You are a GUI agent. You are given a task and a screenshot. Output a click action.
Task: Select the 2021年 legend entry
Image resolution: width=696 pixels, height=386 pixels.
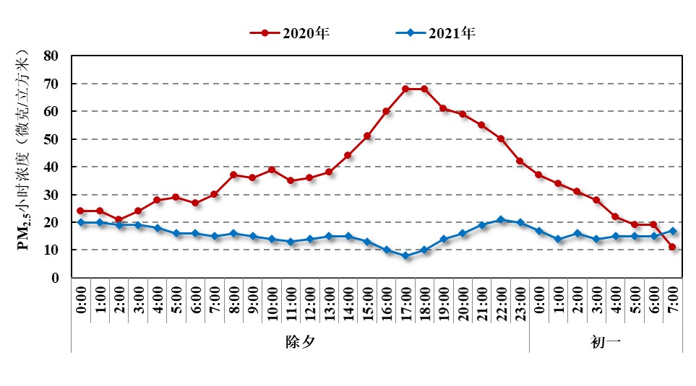tap(437, 32)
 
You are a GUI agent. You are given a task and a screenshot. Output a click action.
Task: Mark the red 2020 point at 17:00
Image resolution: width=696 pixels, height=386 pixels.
tap(405, 89)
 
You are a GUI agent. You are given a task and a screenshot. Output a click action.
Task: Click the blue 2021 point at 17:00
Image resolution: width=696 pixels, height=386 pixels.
tap(405, 255)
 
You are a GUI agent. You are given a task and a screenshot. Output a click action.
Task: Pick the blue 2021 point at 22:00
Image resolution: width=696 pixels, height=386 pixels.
tap(501, 219)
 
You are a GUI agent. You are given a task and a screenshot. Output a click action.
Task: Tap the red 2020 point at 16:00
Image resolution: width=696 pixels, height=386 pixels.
tap(386, 111)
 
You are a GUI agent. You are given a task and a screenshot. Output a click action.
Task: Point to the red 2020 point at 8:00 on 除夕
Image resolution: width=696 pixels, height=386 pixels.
tap(233, 175)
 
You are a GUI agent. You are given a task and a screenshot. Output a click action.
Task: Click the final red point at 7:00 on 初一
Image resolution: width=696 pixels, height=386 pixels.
tap(673, 247)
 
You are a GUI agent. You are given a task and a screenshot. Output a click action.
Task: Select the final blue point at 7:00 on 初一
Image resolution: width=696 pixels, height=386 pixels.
tap(673, 231)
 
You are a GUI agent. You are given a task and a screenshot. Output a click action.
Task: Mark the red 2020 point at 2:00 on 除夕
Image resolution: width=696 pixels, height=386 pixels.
tap(119, 219)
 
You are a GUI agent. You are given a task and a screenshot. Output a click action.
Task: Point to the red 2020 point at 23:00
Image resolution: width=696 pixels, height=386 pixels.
tap(520, 161)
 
